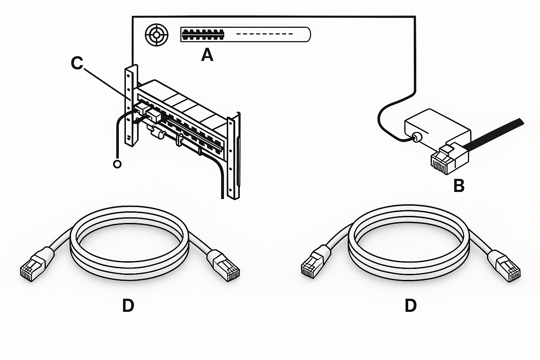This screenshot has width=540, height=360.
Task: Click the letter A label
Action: coord(207,55)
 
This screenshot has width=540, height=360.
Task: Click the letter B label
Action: coord(459,186)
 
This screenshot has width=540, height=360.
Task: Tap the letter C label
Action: coord(77,64)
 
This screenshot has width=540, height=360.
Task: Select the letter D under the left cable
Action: coord(128,306)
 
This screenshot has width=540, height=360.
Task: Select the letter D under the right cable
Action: coord(410,306)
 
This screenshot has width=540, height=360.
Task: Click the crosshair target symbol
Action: coord(156,35)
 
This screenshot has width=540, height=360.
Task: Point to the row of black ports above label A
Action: coord(203,34)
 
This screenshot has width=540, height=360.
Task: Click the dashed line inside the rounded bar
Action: coord(264,34)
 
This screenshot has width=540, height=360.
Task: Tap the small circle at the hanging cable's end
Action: coord(117,164)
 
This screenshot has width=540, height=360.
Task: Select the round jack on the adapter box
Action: coord(416,137)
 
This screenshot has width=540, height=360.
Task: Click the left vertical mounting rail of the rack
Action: coord(130,105)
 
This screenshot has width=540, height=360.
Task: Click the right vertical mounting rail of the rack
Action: coord(231,158)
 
